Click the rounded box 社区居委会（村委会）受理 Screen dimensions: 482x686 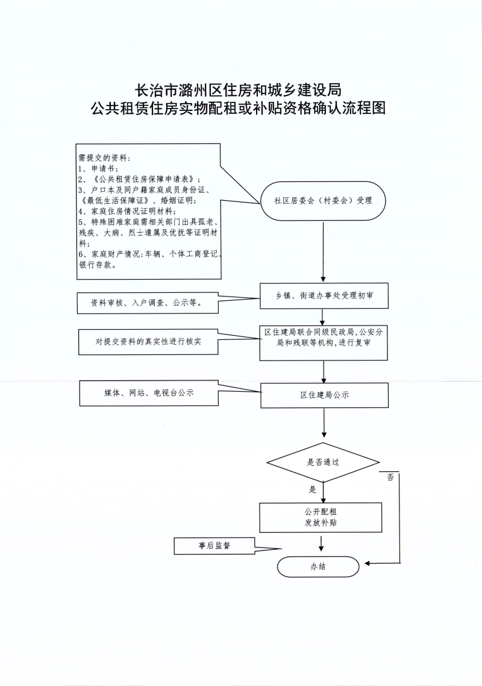(323, 201)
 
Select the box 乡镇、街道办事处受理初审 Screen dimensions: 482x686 (324, 296)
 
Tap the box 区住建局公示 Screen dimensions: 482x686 (324, 395)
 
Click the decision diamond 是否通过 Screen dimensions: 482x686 (323, 462)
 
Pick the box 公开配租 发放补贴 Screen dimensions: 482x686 (321, 517)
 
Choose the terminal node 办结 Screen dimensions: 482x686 (318, 567)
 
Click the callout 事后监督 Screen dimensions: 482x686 (214, 546)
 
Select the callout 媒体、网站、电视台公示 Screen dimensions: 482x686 (149, 393)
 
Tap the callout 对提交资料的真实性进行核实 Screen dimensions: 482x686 (148, 341)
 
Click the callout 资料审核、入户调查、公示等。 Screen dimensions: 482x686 (148, 303)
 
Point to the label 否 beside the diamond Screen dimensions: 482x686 (390, 477)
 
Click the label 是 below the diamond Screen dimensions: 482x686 (312, 489)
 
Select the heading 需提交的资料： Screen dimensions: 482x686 (104, 157)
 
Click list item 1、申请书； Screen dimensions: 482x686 (98, 168)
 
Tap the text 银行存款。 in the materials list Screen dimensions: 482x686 (98, 265)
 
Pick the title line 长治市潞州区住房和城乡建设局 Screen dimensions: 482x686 (237, 90)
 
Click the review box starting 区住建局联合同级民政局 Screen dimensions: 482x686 (323, 342)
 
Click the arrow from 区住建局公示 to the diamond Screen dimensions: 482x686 (324, 423)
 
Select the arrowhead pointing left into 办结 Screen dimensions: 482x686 (368, 564)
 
